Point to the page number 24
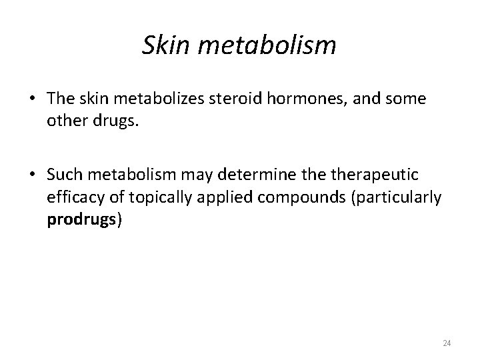click(x=447, y=343)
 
